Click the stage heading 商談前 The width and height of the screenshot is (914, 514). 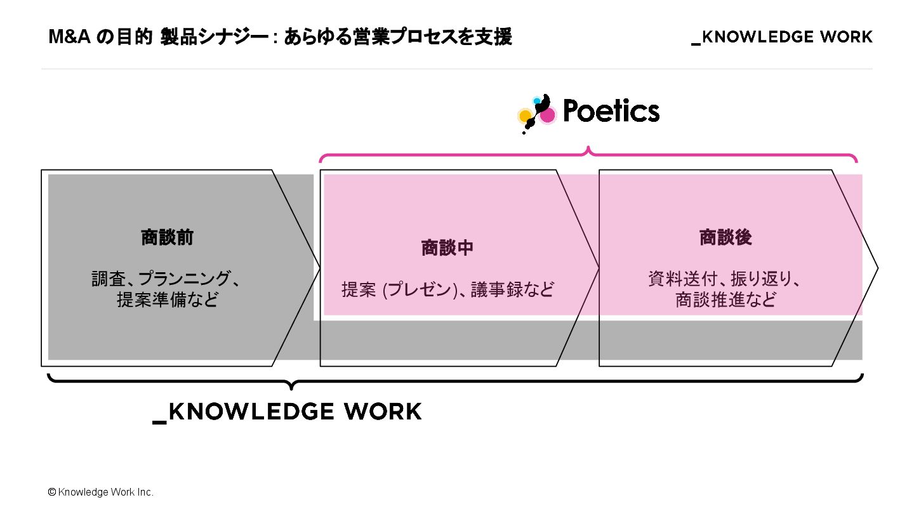167,238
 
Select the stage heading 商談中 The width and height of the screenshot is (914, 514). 447,248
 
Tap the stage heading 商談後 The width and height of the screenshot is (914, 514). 725,238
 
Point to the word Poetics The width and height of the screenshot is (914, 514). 611,112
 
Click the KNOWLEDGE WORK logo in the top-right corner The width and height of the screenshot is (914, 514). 782,37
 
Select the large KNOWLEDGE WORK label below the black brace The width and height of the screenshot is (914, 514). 288,412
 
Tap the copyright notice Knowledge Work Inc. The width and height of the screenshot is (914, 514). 105,492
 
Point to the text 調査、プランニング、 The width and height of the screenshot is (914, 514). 167,279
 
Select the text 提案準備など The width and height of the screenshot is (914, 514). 167,300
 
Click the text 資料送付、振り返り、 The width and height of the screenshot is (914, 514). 725,279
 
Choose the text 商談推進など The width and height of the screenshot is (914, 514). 725,300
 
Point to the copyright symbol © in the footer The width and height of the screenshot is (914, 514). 52,492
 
